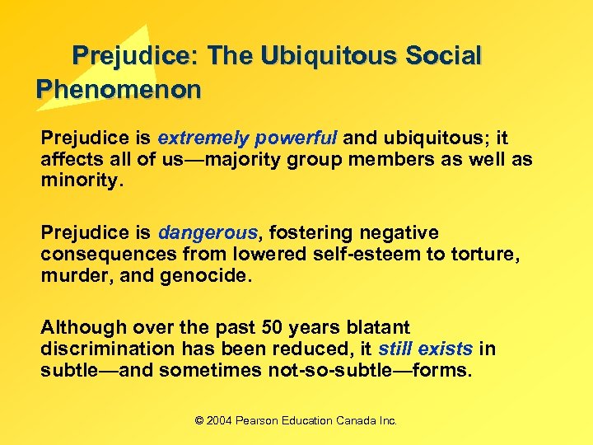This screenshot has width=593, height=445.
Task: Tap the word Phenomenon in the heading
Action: point(119,89)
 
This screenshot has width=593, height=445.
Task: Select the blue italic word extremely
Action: point(203,138)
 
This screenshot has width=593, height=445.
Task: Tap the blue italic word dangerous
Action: point(208,232)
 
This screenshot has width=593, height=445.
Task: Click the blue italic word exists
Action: point(445,349)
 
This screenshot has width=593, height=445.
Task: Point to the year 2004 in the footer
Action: point(220,420)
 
